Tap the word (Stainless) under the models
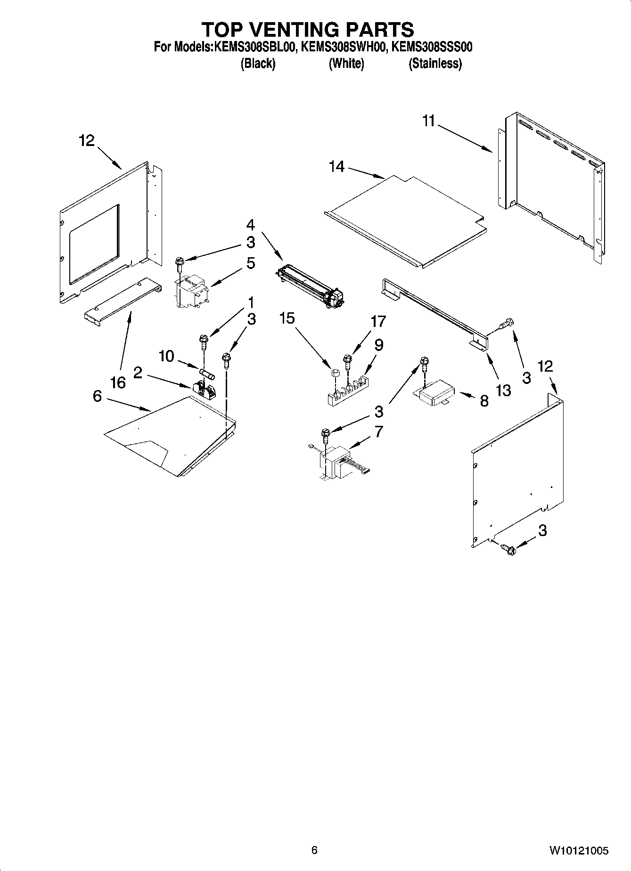click(x=434, y=64)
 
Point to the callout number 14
click(x=337, y=166)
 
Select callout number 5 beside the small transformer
click(x=250, y=263)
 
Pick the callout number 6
click(x=97, y=396)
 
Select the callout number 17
click(x=378, y=321)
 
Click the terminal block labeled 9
click(x=350, y=389)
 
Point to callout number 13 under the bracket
click(x=503, y=390)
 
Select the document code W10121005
click(x=578, y=850)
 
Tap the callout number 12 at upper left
click(x=87, y=140)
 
